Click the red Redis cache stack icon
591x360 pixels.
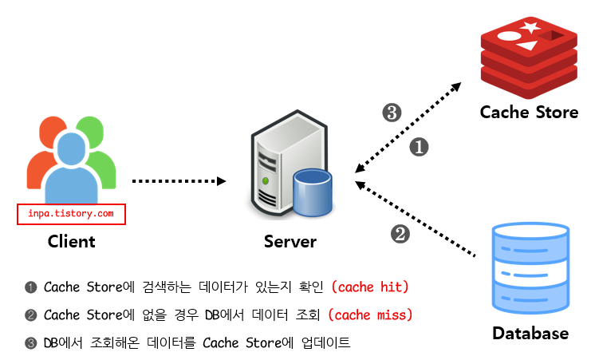point(529,57)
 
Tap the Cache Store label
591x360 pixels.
point(529,113)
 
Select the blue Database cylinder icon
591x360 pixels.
point(530,268)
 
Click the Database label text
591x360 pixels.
point(530,333)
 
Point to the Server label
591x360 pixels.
point(290,242)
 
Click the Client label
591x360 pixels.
point(71,242)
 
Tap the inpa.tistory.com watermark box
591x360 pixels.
point(71,214)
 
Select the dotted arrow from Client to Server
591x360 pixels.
point(179,181)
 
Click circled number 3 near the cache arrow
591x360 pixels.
point(392,113)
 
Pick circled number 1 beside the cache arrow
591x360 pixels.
point(419,147)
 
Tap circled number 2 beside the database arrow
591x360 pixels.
point(400,234)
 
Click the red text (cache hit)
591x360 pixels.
point(370,287)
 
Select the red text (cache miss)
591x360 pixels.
point(370,315)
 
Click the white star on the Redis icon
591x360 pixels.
point(530,27)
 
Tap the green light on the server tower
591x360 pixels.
point(266,180)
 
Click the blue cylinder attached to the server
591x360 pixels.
point(313,192)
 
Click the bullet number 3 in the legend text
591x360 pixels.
point(30,343)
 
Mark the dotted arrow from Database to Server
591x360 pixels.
point(415,219)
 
